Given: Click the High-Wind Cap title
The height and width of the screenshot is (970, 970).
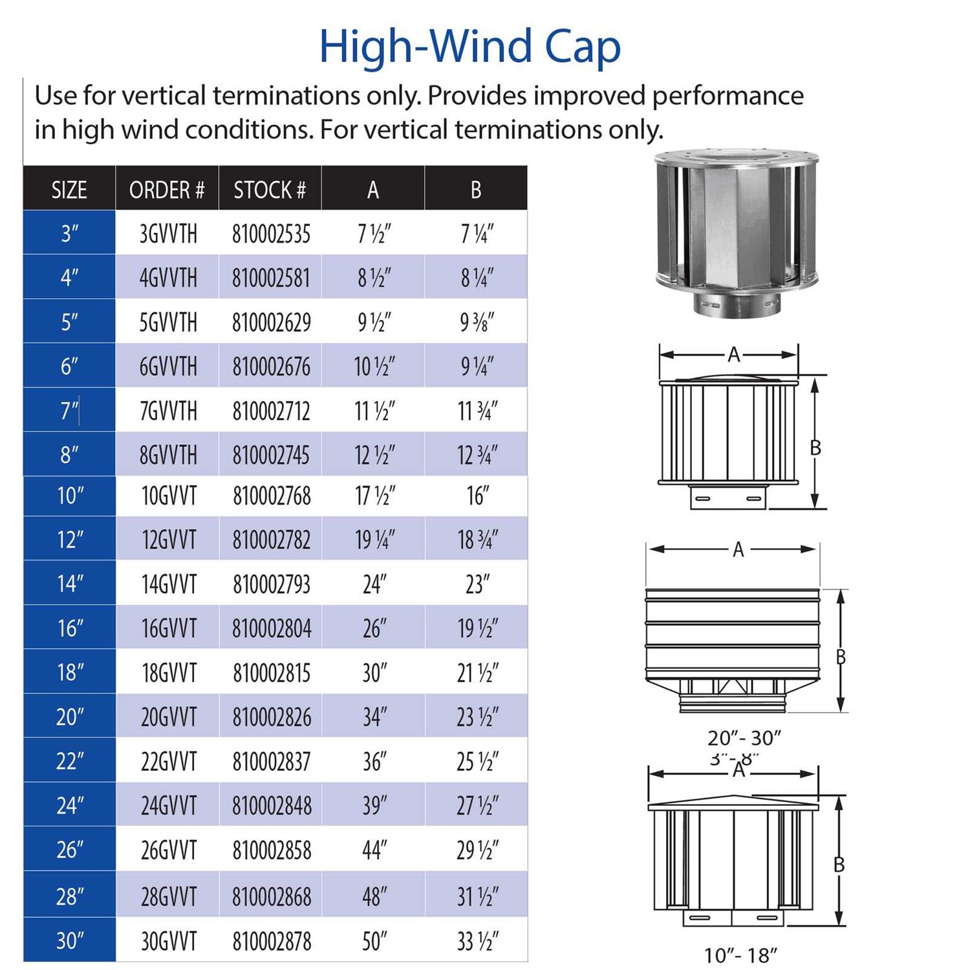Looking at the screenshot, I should [x=470, y=47].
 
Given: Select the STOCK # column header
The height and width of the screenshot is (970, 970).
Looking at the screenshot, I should [x=270, y=189].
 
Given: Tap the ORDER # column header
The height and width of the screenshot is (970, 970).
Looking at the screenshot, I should [x=167, y=189].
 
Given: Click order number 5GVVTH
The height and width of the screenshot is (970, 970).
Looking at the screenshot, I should [x=168, y=322].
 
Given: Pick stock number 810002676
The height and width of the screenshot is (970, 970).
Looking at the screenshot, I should [x=272, y=367].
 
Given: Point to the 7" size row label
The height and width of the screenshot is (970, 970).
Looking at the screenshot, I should [x=69, y=410].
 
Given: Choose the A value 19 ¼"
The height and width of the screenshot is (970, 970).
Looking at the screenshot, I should [x=374, y=539].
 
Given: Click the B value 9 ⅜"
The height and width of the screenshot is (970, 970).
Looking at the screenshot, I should [x=477, y=322].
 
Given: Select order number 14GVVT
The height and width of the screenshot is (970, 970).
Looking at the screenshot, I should [x=168, y=584].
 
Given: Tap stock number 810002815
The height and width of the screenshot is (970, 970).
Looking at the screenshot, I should [x=272, y=673].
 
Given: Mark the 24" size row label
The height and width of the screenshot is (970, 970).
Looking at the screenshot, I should [x=69, y=805].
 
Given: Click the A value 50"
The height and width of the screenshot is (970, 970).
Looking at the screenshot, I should [x=374, y=941].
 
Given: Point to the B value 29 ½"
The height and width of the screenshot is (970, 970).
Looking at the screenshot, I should [x=477, y=850].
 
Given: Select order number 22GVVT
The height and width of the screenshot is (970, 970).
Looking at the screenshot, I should [x=168, y=761].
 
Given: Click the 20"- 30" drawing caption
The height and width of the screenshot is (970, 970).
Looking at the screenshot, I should [x=744, y=738].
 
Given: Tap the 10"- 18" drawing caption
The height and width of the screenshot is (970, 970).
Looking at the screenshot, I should [x=740, y=954].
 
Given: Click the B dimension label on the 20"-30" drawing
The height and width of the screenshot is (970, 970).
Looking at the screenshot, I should [x=841, y=657].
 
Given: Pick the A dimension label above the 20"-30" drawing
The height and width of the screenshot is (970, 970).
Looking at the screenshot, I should [x=738, y=550].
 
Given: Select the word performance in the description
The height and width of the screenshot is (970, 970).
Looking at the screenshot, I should [x=727, y=96].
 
